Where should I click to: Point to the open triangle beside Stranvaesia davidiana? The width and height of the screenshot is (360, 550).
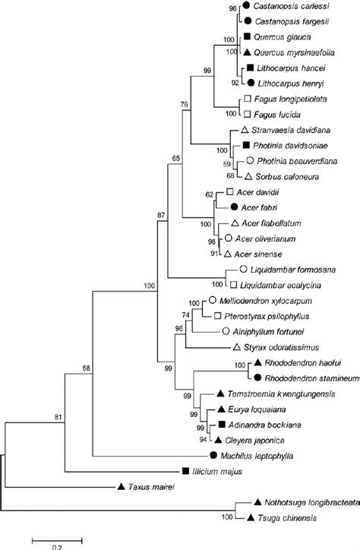pyautogui.click(x=235, y=131)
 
